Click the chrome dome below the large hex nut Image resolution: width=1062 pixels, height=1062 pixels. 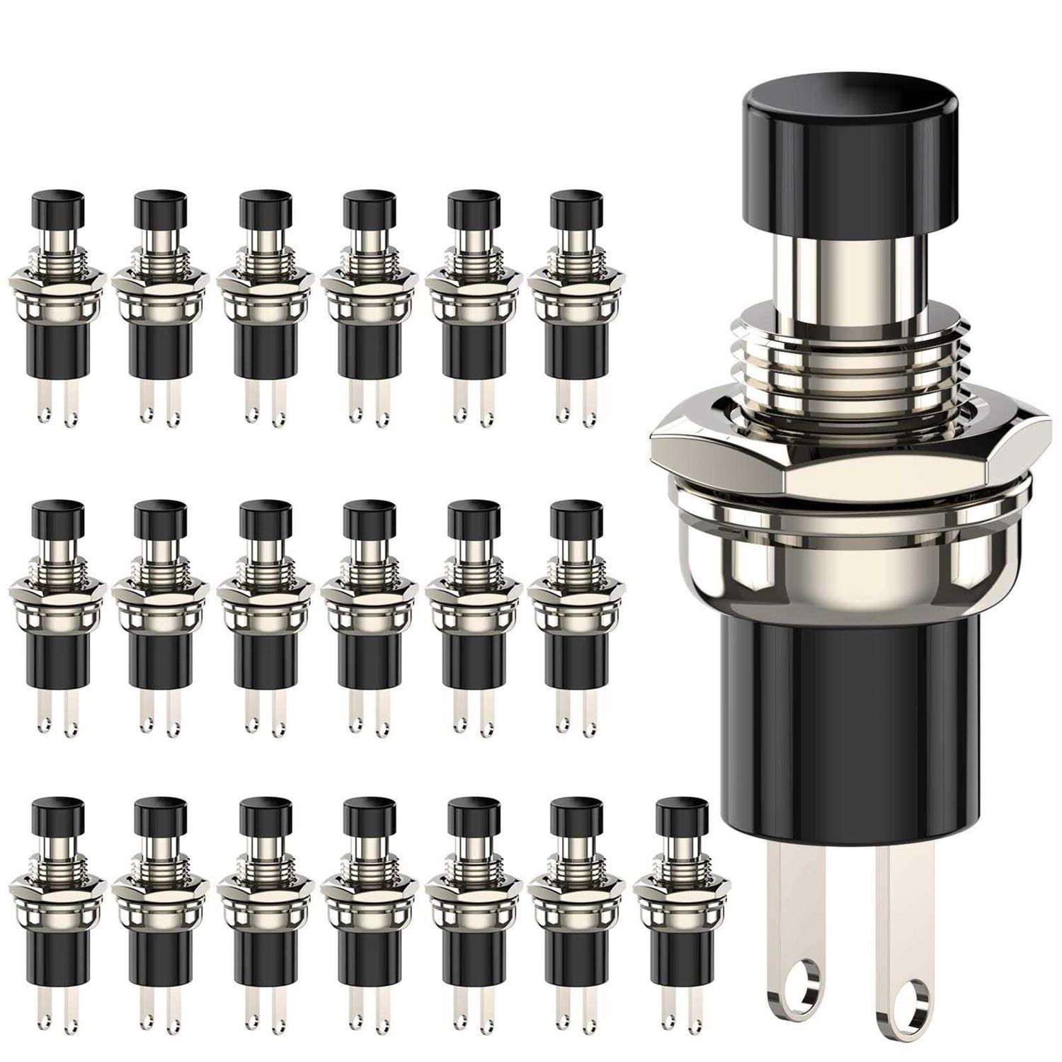tap(843, 559)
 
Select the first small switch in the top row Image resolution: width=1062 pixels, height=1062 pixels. tap(58, 312)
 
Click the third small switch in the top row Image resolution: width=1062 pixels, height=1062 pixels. tap(265, 312)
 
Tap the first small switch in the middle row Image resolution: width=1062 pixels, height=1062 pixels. tap(58, 616)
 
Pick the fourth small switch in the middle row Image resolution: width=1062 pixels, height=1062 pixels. tap(370, 616)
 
